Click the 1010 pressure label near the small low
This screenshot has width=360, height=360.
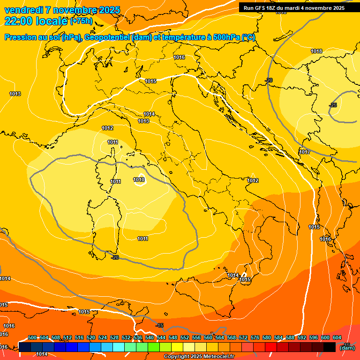point(139,180)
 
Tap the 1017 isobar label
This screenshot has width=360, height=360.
point(305,152)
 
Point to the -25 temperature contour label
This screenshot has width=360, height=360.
point(333,105)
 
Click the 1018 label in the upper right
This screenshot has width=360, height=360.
point(316,51)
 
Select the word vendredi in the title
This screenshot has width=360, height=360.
point(23,10)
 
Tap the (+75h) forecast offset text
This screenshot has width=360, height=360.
point(81,21)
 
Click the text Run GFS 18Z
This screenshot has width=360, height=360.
point(260,8)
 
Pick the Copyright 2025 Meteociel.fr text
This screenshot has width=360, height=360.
point(199,356)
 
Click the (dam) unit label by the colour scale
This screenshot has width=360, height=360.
point(347,348)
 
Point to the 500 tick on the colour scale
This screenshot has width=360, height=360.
point(32,337)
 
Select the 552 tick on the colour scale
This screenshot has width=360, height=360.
point(185,337)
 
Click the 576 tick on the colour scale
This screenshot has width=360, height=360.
point(255,337)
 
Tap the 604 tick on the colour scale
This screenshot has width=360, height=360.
point(337,337)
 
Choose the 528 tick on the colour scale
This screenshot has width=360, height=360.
point(114,337)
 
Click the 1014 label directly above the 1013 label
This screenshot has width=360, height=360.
point(149,114)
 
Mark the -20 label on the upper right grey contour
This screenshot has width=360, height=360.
point(269,80)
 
